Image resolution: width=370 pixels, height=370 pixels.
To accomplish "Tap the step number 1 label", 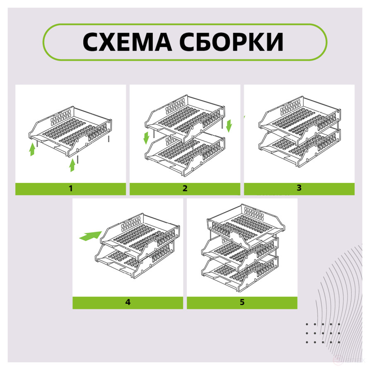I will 70,189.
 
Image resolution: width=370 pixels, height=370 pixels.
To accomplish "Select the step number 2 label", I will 185,189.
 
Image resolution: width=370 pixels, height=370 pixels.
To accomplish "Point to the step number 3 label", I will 299,188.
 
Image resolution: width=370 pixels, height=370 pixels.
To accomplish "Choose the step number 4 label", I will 128,302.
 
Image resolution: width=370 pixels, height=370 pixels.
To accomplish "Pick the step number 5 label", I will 242,302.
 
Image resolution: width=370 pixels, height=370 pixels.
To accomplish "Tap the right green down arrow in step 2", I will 229,125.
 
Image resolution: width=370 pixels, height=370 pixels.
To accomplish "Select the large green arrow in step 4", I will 90,236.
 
